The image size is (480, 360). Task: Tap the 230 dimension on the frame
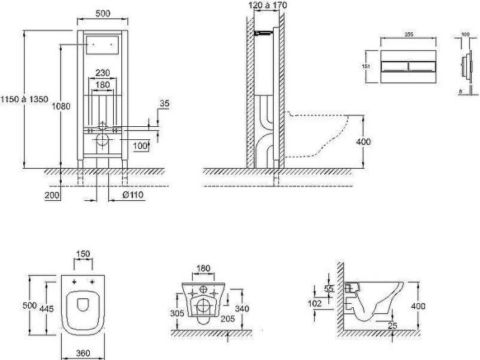pyautogui.click(x=103, y=73)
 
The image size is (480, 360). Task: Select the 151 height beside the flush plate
pyautogui.click(x=366, y=66)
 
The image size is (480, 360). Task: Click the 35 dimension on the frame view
pyautogui.click(x=164, y=104)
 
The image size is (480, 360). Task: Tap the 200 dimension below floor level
pyautogui.click(x=51, y=196)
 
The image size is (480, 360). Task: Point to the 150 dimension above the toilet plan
pyautogui.click(x=82, y=254)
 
